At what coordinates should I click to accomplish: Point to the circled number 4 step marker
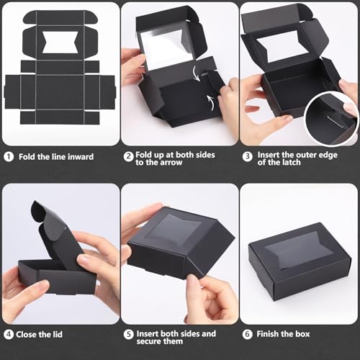click(9, 334)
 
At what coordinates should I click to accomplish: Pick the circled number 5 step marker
click(128, 334)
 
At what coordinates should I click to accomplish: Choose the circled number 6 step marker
click(246, 334)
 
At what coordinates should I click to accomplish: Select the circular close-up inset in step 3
click(332, 115)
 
